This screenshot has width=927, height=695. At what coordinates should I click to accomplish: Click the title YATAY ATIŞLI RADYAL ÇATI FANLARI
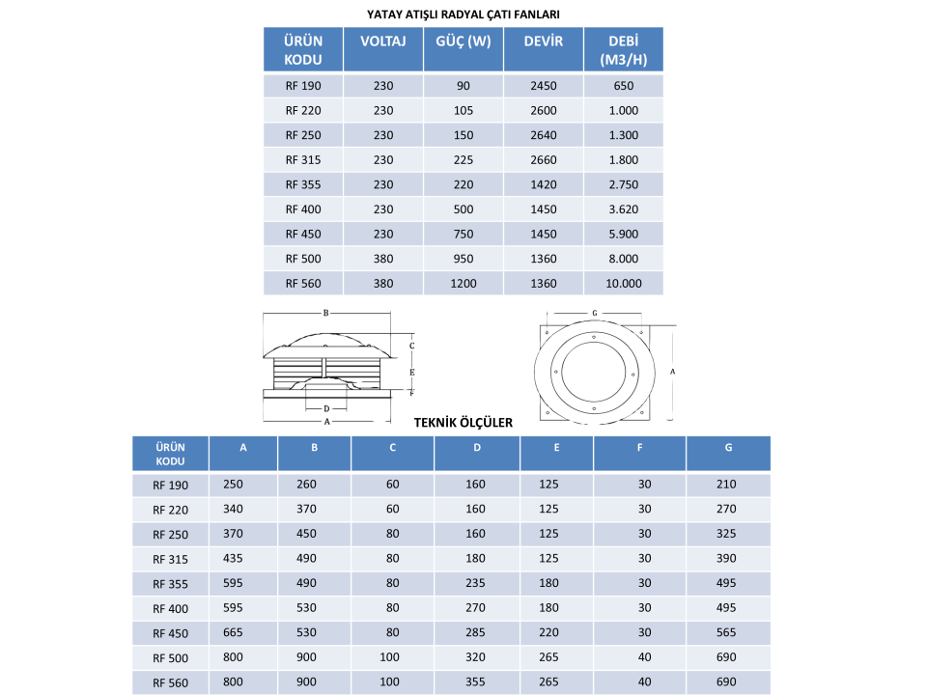(x=463, y=14)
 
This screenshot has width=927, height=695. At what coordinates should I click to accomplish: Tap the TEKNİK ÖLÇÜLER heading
(x=463, y=423)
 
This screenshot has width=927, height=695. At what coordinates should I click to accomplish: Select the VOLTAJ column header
(x=383, y=42)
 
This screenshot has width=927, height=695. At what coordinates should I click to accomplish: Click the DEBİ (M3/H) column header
(x=623, y=50)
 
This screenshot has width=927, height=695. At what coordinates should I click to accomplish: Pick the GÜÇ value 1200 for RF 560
(x=463, y=284)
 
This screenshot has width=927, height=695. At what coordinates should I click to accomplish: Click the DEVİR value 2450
(x=544, y=86)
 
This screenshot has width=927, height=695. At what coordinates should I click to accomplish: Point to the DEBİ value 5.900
(x=623, y=234)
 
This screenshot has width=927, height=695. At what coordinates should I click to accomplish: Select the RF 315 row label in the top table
(x=303, y=160)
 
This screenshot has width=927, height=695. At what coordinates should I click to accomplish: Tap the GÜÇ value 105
(x=463, y=110)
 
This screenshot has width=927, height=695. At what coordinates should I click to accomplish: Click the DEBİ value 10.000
(x=623, y=284)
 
